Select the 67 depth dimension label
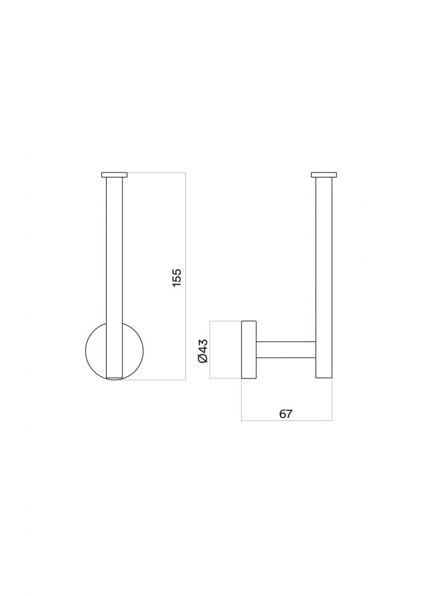click(286, 413)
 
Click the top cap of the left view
click(114, 174)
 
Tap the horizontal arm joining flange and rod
click(286, 351)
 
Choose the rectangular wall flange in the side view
click(248, 351)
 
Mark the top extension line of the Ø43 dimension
click(225, 321)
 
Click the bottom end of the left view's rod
click(115, 377)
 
